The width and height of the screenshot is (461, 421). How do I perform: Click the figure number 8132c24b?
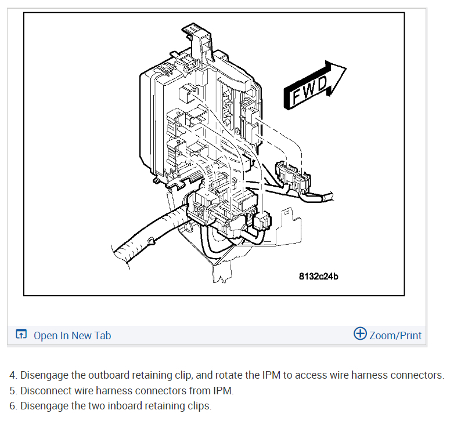(318, 276)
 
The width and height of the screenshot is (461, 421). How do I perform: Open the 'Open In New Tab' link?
(72, 335)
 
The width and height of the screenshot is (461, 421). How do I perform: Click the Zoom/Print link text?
(395, 335)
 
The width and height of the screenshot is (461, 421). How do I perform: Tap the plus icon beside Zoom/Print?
(360, 334)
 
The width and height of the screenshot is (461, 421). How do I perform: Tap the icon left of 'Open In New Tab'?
(21, 335)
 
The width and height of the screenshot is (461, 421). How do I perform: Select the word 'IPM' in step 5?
(222, 390)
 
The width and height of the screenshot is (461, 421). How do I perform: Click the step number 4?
(13, 375)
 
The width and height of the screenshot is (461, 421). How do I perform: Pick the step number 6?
(13, 405)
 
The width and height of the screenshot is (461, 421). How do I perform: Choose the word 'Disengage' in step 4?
(44, 375)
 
